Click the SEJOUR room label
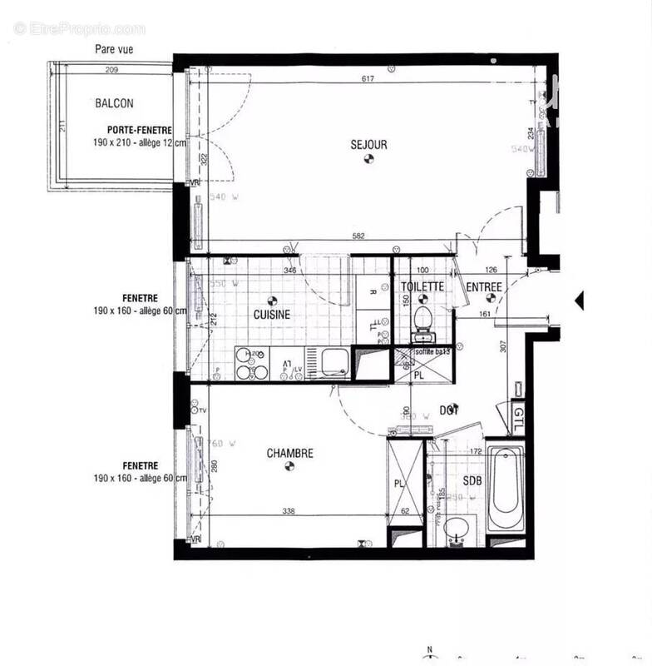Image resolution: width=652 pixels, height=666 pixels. (368, 145)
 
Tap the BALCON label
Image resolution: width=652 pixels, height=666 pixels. (114, 104)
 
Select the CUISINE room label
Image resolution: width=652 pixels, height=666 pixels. (272, 315)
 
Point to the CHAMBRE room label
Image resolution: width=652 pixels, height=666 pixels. (289, 454)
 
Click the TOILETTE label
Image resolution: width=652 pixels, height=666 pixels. (422, 287)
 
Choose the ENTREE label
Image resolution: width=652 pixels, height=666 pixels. (483, 288)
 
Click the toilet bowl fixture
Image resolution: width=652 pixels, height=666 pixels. (422, 320)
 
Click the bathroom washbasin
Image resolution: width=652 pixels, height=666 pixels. (456, 529)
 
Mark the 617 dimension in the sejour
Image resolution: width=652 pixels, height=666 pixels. (368, 79)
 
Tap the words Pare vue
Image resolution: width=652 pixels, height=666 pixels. (113, 50)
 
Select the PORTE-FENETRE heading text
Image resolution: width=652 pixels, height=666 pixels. (139, 130)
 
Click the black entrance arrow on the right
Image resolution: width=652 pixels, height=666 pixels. (579, 300)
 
